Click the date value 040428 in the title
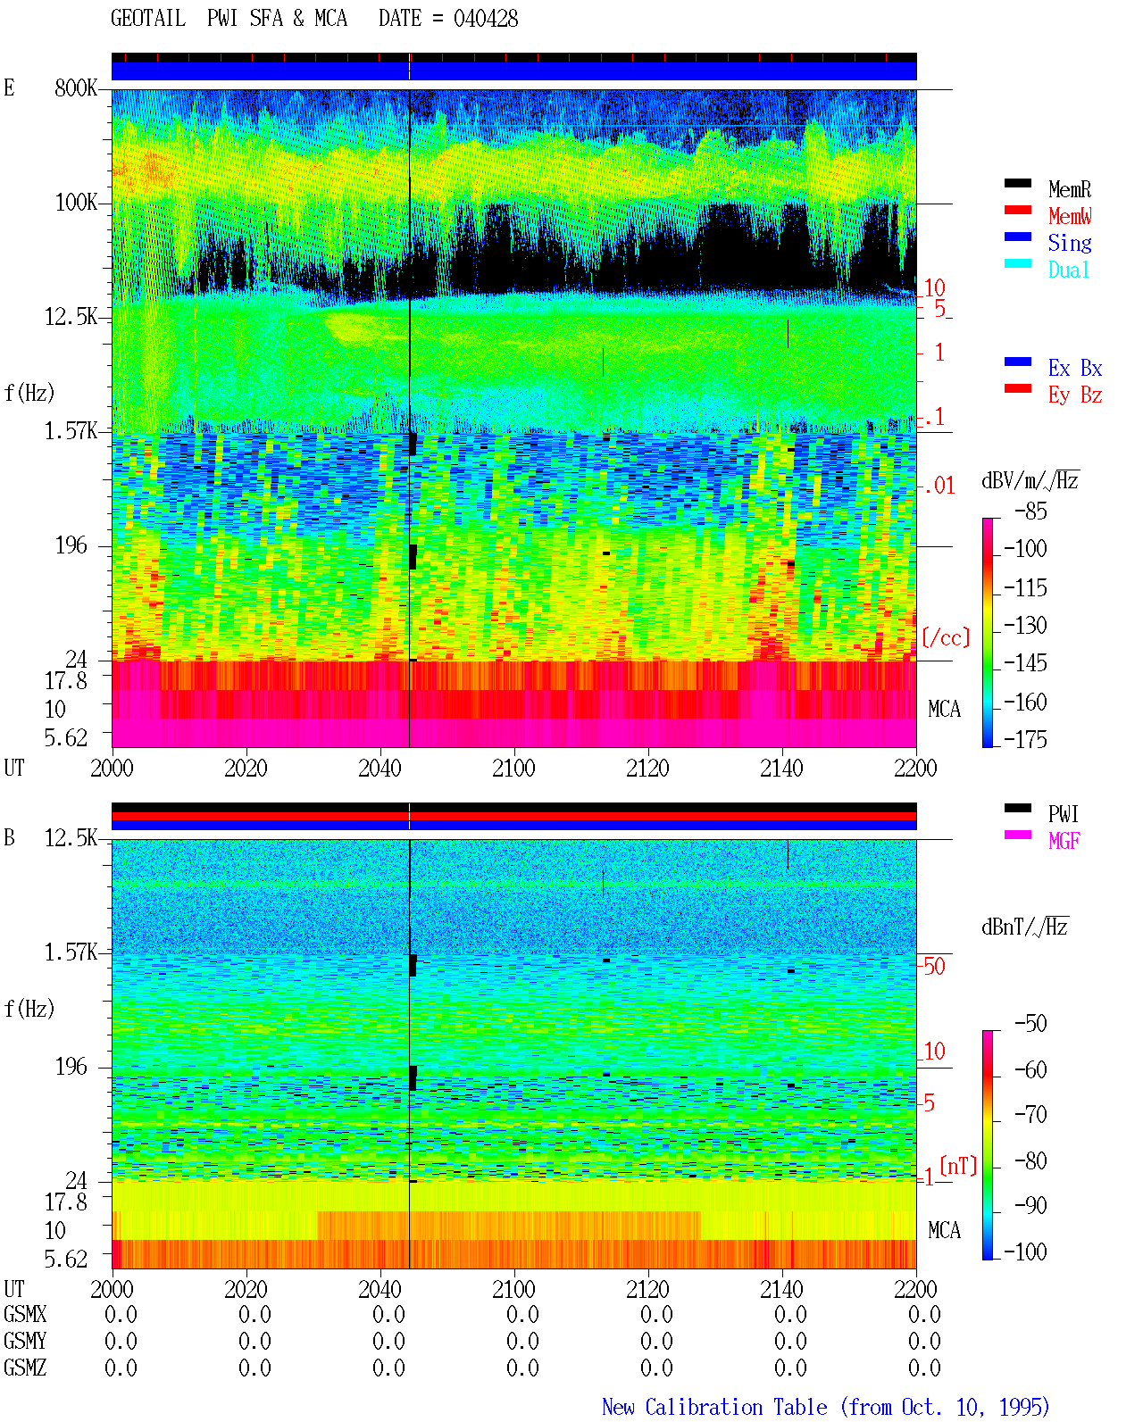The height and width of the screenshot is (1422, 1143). (x=485, y=19)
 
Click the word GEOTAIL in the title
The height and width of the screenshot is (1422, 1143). (x=148, y=19)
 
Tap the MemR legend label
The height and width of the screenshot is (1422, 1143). (x=1069, y=189)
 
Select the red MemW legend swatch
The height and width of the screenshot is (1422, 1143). (x=1017, y=210)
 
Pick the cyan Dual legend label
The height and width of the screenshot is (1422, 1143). (x=1068, y=270)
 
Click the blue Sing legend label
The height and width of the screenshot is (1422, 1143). (x=1069, y=243)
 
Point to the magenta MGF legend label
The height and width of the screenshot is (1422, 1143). (x=1064, y=841)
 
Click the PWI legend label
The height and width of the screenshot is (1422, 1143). (x=1063, y=814)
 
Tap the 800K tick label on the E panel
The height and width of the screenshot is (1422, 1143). (x=76, y=87)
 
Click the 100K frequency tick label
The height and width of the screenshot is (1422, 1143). (x=76, y=203)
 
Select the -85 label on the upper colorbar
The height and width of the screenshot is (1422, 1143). (x=1030, y=511)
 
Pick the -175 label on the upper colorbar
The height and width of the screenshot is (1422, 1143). (x=1025, y=739)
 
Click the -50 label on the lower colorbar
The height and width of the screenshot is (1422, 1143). (x=1030, y=1024)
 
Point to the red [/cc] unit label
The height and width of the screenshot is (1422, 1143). (x=946, y=637)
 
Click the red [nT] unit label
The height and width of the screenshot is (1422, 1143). (x=958, y=1166)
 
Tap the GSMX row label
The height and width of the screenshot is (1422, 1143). (x=25, y=1315)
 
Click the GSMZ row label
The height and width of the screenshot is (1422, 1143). (x=25, y=1368)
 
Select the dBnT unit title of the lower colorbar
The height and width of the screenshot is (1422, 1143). (x=1024, y=927)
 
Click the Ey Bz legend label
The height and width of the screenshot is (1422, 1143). (x=1075, y=395)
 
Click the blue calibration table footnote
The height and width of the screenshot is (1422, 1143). (x=825, y=1407)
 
